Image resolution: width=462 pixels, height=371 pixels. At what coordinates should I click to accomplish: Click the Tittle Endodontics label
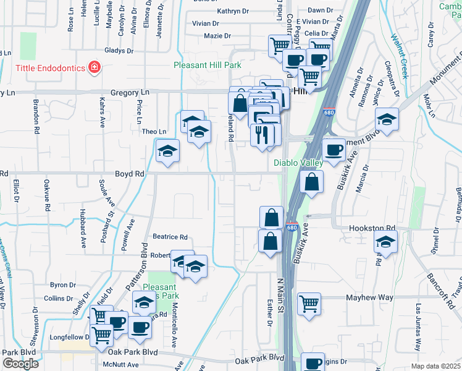pos(43,67)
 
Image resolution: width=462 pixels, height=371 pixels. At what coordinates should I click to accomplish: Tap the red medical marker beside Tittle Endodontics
pos(94,67)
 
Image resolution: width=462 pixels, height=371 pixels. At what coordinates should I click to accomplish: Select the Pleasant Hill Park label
pos(207,64)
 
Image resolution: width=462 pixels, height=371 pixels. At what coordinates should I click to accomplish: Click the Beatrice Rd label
pos(170,237)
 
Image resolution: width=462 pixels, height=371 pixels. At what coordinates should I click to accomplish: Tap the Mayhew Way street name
pos(369,297)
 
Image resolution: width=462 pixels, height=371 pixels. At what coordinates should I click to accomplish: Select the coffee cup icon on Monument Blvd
pos(334,150)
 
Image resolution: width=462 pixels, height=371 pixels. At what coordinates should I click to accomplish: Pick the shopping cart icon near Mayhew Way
pos(309,303)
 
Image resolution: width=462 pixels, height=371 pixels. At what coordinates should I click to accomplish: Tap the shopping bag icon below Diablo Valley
pos(312,182)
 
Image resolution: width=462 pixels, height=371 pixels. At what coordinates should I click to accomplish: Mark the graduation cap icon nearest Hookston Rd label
pos(385,244)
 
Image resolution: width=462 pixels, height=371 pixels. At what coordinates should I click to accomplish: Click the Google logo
pos(20,364)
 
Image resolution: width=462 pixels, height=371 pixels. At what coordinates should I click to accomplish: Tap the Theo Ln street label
pos(154,132)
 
